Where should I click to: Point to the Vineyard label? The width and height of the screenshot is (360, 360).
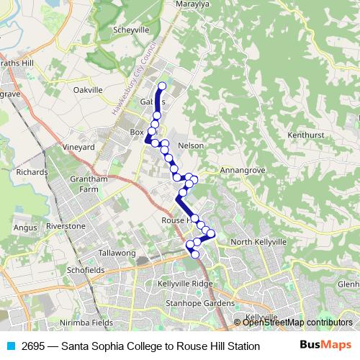pyautogui.click(x=79, y=147)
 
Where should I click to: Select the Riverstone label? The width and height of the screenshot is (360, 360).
pyautogui.click(x=66, y=226)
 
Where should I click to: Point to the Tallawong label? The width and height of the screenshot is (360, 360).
pyautogui.click(x=117, y=253)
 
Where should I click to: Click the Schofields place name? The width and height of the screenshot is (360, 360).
pyautogui.click(x=85, y=270)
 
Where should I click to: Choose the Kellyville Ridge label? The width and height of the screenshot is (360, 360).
pyautogui.click(x=185, y=284)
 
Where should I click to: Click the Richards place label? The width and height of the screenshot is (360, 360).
pyautogui.click(x=32, y=173)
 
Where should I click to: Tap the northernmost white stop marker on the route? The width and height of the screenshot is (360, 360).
pyautogui.click(x=161, y=86)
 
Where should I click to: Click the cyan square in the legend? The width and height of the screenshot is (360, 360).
pyautogui.click(x=9, y=346)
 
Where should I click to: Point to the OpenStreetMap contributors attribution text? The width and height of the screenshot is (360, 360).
pyautogui.click(x=297, y=323)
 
